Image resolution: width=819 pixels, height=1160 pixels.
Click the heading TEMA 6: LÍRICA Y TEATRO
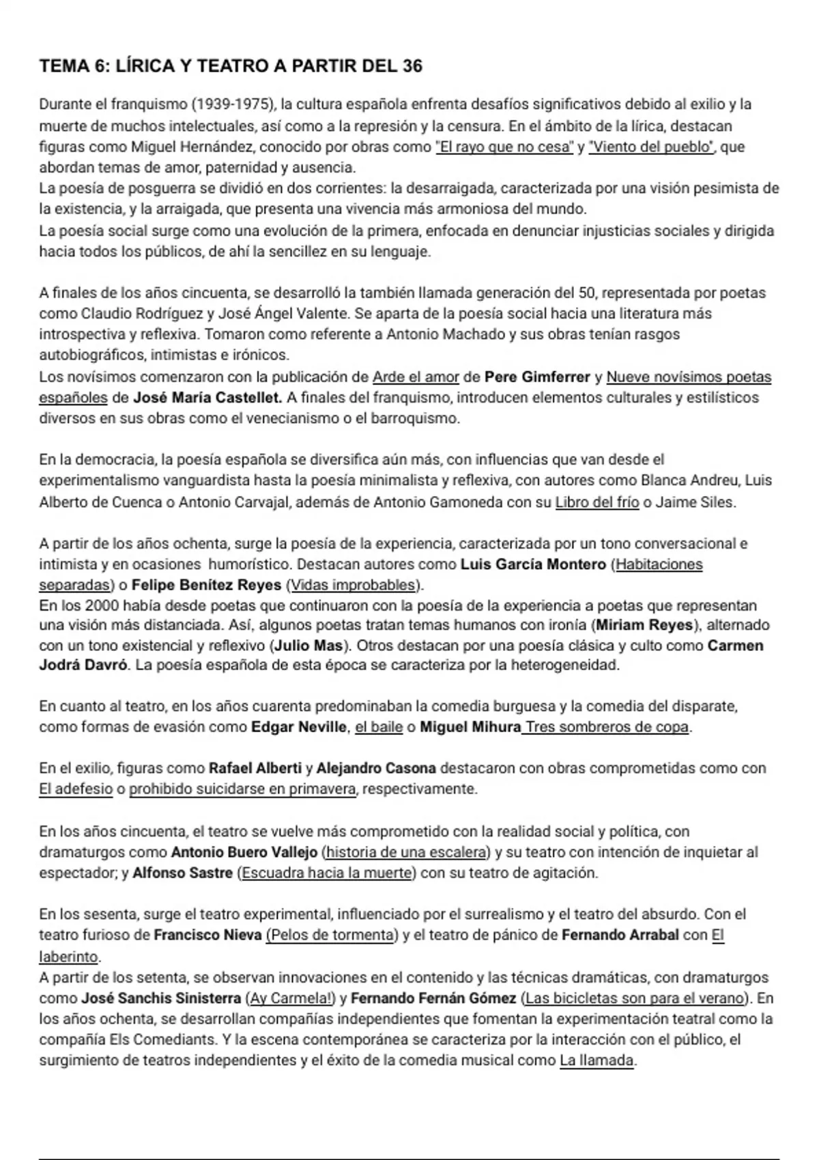point(231,66)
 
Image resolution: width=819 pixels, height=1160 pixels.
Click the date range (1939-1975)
point(233,104)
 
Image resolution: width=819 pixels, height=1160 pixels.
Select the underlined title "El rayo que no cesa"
point(504,147)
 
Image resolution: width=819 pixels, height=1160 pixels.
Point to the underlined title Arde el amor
point(416,377)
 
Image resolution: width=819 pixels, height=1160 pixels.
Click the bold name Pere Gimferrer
point(537,377)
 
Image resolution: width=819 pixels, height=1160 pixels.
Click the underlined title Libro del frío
point(597,503)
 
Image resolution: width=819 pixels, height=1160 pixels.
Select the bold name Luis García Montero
point(533,564)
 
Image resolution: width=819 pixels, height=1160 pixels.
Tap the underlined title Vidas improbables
point(353,585)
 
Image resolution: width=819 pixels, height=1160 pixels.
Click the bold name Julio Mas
point(308,646)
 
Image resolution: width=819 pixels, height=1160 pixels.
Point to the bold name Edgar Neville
point(299,727)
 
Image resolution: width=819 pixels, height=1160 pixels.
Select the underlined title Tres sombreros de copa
point(606,727)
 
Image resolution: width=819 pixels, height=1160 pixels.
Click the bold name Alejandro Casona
point(376,768)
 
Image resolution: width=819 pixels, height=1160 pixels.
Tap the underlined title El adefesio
point(76,789)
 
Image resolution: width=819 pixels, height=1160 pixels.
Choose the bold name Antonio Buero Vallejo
point(244,852)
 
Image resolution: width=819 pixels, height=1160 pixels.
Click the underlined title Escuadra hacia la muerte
point(327,873)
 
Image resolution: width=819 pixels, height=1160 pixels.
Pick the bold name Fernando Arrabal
point(620,935)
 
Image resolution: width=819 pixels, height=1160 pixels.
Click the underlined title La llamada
point(597,1061)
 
